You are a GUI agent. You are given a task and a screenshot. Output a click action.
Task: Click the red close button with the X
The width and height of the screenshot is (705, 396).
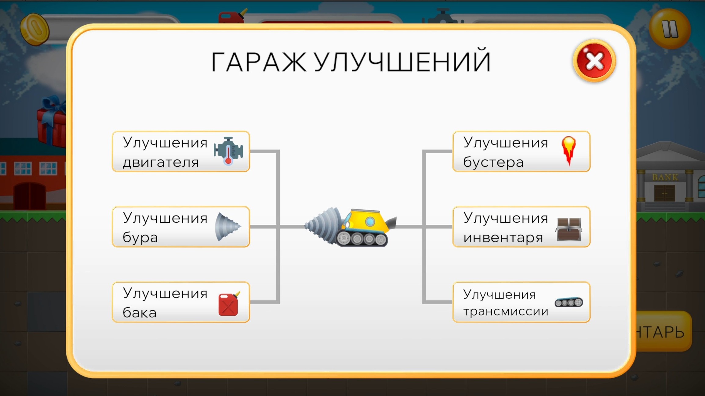594,61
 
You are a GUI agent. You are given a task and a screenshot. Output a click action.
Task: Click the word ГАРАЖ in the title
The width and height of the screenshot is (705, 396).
259,62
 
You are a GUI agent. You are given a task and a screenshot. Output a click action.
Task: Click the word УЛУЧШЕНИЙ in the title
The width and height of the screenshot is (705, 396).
402,62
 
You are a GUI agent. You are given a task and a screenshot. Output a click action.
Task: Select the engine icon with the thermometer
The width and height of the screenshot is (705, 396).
228,151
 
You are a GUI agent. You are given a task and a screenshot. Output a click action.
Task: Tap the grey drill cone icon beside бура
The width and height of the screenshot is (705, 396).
227,227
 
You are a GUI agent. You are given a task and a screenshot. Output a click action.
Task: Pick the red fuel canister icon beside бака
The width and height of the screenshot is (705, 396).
228,304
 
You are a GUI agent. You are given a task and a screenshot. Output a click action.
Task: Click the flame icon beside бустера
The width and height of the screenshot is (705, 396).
569,150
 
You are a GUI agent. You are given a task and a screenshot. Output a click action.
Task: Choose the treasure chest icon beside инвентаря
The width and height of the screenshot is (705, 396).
569,229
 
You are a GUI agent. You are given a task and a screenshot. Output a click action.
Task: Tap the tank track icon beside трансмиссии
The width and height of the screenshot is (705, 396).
569,302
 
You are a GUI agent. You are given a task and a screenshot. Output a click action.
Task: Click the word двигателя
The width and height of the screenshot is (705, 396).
161,162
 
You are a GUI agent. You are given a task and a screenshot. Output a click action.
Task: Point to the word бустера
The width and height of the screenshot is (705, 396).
493,162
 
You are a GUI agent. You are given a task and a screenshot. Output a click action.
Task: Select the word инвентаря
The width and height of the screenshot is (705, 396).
503,237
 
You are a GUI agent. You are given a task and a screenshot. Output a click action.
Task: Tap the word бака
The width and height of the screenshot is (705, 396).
140,313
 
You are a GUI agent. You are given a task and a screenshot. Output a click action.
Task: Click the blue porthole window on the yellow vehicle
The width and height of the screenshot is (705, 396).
370,222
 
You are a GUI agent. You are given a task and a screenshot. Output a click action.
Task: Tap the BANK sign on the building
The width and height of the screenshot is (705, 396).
665,177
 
